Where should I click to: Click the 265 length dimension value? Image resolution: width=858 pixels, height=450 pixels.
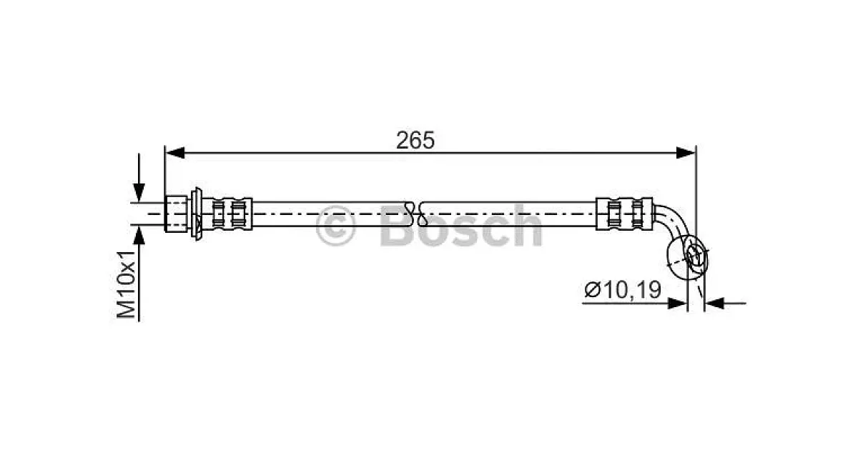tap(415, 141)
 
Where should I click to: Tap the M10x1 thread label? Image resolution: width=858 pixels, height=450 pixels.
tap(127, 285)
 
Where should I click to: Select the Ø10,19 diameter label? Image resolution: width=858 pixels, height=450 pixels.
tap(623, 289)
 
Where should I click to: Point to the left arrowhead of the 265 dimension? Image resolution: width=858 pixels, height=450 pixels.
tap(175, 153)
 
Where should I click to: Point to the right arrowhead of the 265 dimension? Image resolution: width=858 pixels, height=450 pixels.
tap(686, 153)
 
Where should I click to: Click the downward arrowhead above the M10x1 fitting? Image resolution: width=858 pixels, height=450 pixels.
tap(139, 192)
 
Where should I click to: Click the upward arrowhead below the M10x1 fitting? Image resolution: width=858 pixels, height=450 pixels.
tap(139, 235)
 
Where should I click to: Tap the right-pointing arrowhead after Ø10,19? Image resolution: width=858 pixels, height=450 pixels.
tap(677, 304)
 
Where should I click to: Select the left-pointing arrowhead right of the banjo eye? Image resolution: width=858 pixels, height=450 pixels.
tap(715, 304)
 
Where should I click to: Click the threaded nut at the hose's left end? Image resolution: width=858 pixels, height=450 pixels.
tap(176, 214)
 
